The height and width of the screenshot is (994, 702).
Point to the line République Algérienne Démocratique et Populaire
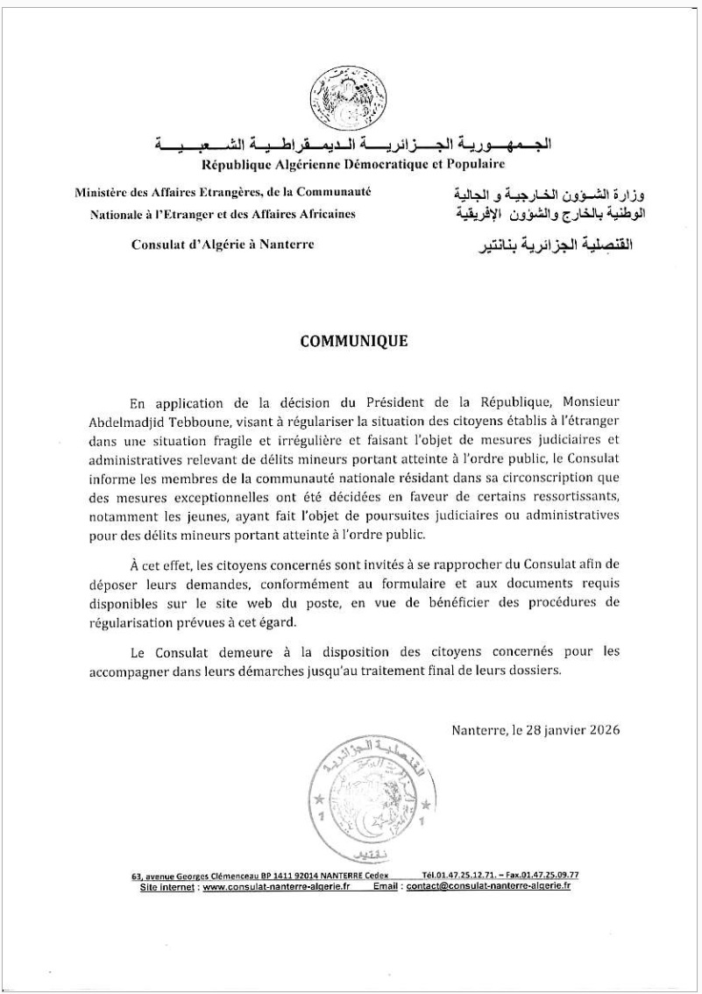tap(353, 164)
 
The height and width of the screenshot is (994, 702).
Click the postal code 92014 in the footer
tap(338, 876)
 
